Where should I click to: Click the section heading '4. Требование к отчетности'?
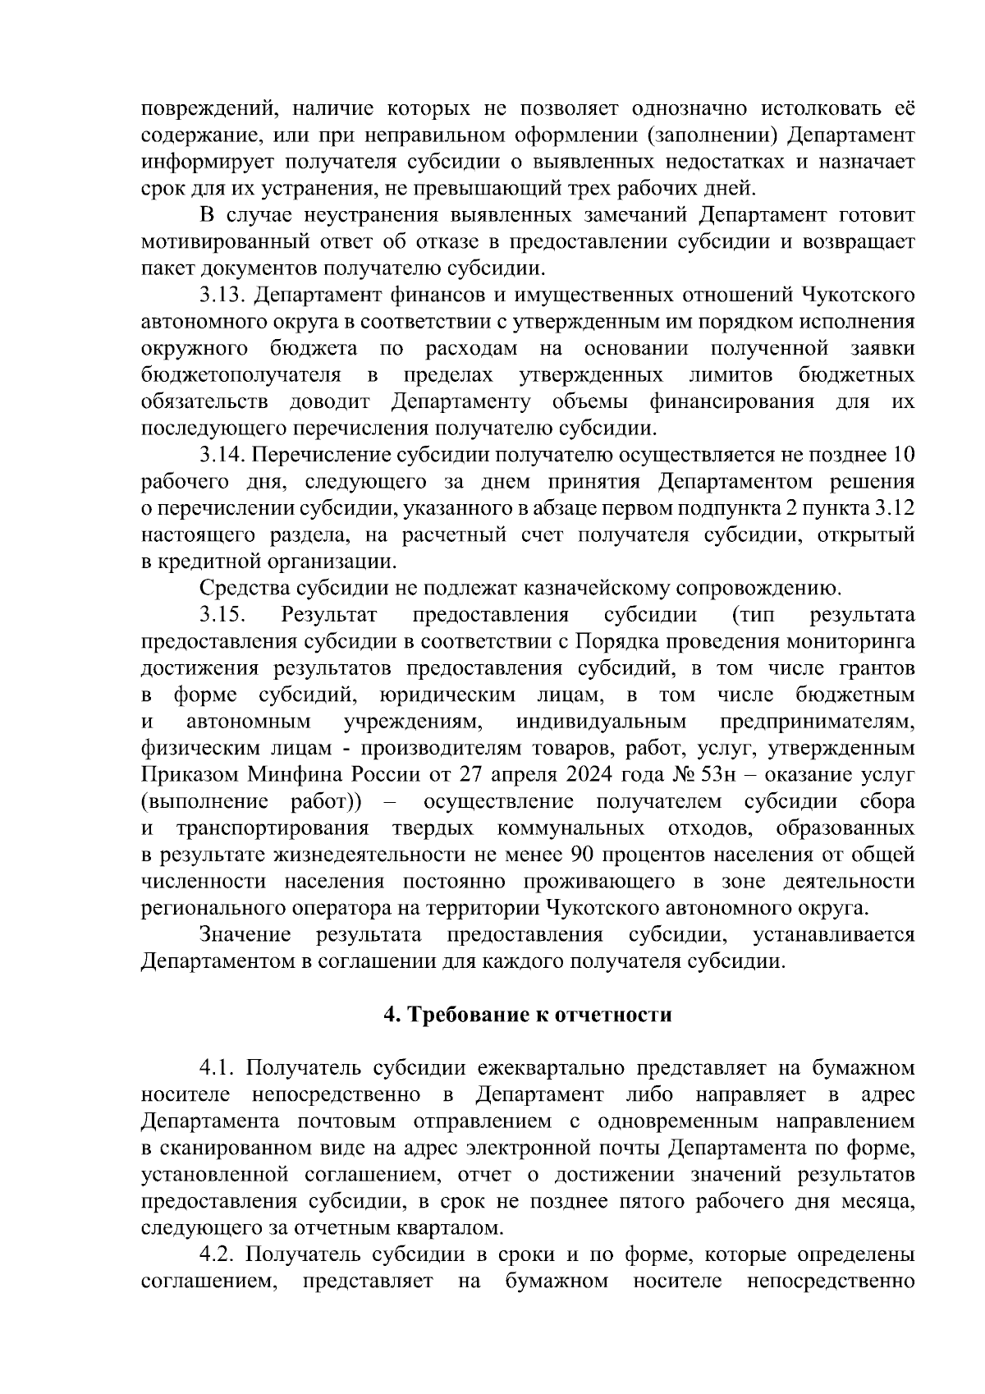(x=528, y=1016)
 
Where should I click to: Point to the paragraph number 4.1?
(x=218, y=1069)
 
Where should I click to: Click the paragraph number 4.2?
(x=218, y=1256)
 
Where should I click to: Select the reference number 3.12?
(x=895, y=509)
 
